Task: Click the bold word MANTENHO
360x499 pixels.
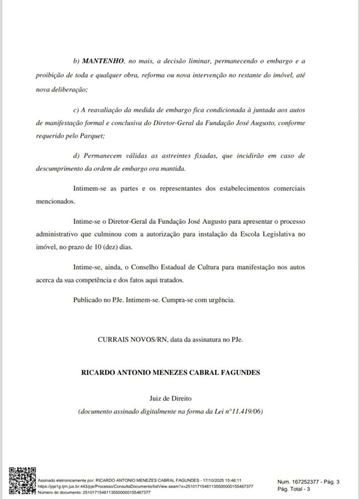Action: tap(102, 62)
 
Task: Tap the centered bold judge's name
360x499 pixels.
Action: tap(171, 373)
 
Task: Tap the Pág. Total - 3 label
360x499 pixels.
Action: tap(293, 489)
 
